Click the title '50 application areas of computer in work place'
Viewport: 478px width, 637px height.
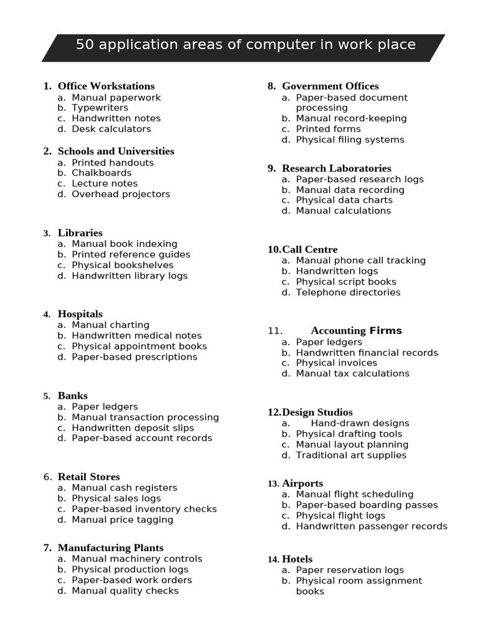point(245,45)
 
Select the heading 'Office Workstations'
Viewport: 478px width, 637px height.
point(106,86)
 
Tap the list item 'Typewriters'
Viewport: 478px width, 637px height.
point(100,108)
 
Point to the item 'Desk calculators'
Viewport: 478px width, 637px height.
point(111,129)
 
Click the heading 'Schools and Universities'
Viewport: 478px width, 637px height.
point(116,151)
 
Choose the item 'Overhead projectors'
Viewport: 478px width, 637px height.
point(121,194)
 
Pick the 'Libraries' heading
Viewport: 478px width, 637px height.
point(80,233)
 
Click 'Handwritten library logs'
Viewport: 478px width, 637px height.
point(129,276)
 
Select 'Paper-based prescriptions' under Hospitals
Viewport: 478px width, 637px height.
point(134,356)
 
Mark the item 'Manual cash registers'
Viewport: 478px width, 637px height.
point(124,488)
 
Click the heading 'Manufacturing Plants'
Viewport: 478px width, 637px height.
point(111,548)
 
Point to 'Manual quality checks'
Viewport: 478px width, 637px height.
point(125,590)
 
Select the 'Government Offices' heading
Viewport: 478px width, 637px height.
point(330,86)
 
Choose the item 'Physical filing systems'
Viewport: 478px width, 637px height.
point(350,139)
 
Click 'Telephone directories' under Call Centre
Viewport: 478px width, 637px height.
point(348,292)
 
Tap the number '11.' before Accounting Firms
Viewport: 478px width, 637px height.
point(275,331)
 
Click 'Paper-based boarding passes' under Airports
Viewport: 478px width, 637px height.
point(367,504)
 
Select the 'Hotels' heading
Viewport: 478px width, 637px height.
point(297,559)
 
